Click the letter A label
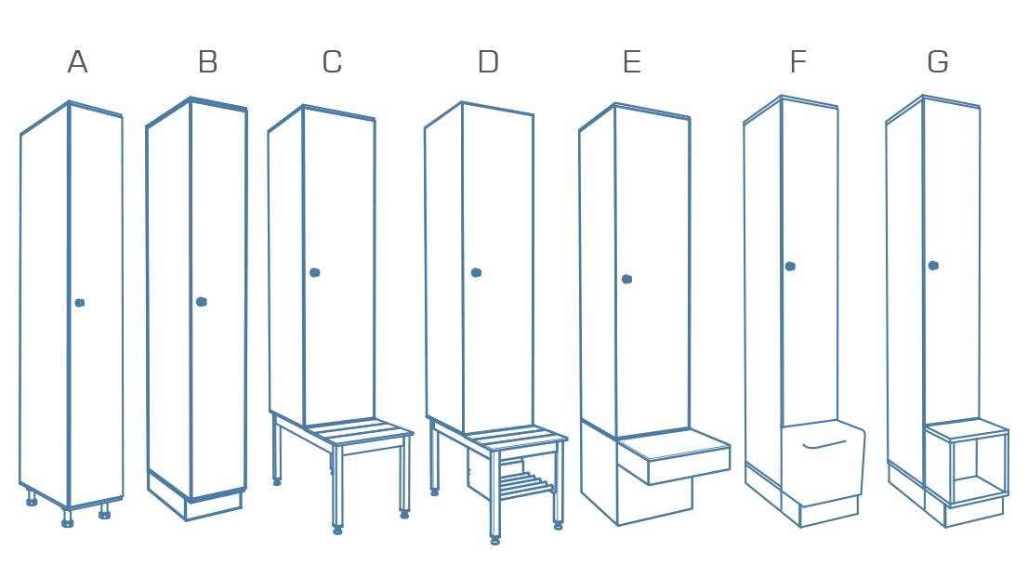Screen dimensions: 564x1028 tap(78, 62)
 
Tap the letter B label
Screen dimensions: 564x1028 tap(208, 62)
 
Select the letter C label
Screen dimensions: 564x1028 tap(332, 62)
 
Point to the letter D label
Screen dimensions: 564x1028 tap(488, 62)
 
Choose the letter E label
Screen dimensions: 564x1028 tap(631, 62)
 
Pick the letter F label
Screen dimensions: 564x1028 tap(797, 62)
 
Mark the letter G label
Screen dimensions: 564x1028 tap(938, 62)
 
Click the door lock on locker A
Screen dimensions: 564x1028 tap(80, 302)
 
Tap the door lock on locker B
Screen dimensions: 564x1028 tap(202, 301)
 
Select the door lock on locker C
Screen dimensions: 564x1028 tap(315, 272)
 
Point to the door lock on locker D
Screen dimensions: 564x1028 tap(477, 272)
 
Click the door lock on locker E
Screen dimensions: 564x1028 tap(627, 279)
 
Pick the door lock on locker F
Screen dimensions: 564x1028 tap(790, 267)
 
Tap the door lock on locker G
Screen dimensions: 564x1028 tap(933, 266)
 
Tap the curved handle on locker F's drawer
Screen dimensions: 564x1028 tap(824, 444)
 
